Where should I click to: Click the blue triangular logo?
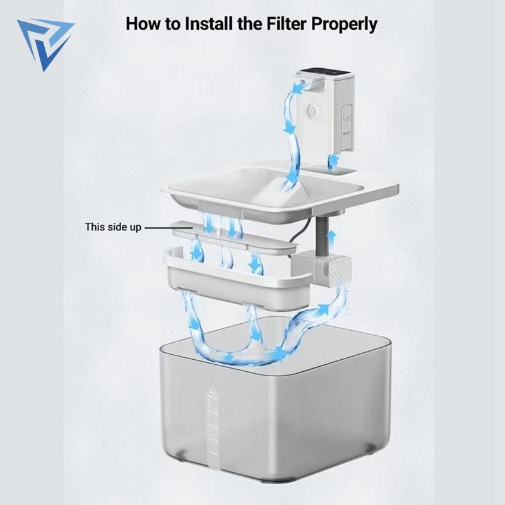click(44, 41)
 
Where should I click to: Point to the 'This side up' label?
click(113, 227)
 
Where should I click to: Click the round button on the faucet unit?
click(311, 111)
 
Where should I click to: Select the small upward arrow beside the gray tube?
click(331, 239)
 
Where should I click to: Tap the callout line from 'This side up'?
click(169, 227)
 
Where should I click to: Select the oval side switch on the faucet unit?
click(346, 117)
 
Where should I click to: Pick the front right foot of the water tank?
click(371, 449)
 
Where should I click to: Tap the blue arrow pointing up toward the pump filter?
click(323, 310)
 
